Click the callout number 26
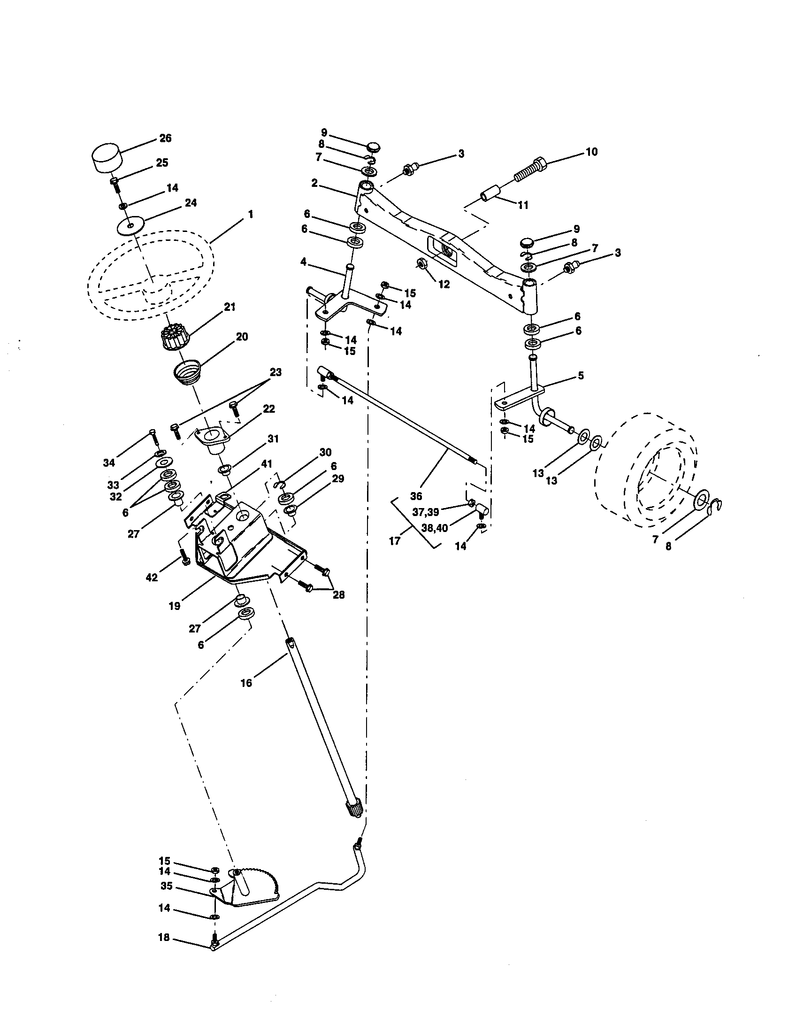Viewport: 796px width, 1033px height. (x=165, y=138)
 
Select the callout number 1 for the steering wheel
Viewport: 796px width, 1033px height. (x=250, y=214)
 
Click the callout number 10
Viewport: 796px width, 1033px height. (x=591, y=152)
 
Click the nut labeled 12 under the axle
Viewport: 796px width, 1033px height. (x=419, y=263)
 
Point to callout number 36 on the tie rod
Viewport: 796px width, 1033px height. (x=415, y=496)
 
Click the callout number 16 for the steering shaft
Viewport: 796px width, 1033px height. (x=246, y=683)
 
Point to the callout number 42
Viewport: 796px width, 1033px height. (x=152, y=578)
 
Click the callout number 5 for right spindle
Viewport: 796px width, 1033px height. (x=581, y=375)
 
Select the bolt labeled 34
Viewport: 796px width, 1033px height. (x=153, y=436)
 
